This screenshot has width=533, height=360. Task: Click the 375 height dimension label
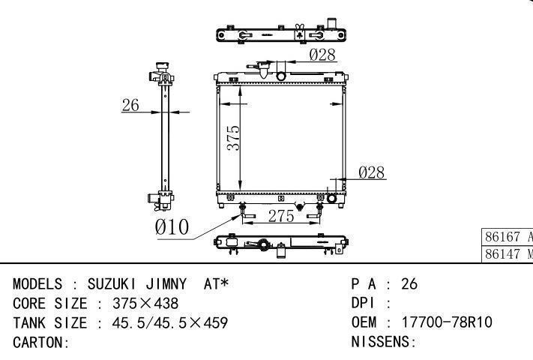point(234,138)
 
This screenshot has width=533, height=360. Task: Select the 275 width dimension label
point(281,216)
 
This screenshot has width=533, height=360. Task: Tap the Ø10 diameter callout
point(172,226)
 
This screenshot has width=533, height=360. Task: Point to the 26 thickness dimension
point(130,105)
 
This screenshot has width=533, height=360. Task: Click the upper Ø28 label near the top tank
point(322,55)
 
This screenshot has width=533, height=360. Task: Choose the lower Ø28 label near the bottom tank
point(372,172)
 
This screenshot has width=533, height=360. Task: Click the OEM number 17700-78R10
point(447,322)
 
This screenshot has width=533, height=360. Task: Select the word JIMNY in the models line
point(166,283)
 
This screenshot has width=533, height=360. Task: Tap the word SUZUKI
point(112,283)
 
